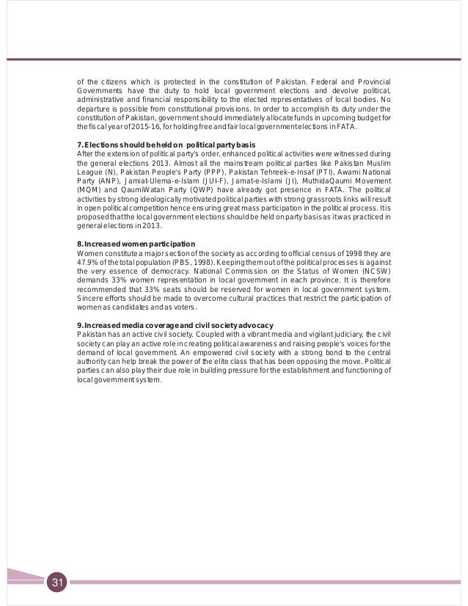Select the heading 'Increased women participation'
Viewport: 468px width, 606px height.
136,243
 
